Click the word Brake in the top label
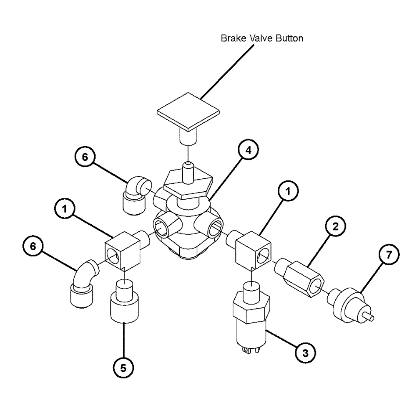(230, 38)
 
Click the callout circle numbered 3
(305, 353)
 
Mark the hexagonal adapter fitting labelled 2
(301, 277)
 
